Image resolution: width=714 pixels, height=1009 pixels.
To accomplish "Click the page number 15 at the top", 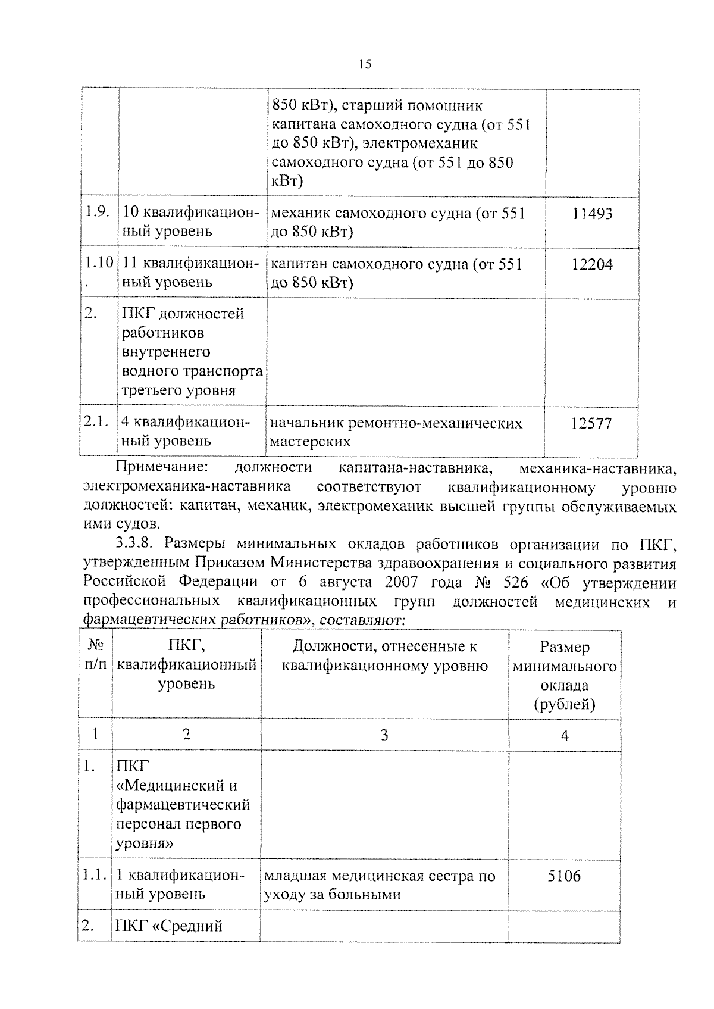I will click(365, 64).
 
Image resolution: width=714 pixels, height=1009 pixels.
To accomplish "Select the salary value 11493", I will click(591, 214).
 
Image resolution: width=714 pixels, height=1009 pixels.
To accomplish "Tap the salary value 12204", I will click(591, 264).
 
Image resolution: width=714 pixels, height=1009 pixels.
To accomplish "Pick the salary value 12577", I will click(591, 424).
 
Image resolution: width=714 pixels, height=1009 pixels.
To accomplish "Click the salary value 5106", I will click(564, 876).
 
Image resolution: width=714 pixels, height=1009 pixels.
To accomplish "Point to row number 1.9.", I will click(96, 213).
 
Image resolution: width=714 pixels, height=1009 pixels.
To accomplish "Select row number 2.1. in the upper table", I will click(96, 422).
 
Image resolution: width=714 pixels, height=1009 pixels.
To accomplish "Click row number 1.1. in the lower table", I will click(93, 876).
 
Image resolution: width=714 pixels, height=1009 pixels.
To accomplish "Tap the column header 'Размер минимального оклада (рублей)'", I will click(564, 675).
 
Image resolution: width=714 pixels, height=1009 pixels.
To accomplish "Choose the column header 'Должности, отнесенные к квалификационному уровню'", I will click(384, 656).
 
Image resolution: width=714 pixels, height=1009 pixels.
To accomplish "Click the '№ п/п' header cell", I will click(95, 655).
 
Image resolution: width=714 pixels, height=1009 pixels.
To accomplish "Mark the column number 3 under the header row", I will click(384, 735).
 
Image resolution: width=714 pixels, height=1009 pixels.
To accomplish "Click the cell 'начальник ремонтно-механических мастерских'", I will click(396, 432).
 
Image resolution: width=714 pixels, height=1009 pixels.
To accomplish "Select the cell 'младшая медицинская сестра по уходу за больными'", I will click(380, 885).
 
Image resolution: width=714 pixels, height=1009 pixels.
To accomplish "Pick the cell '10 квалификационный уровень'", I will click(190, 222).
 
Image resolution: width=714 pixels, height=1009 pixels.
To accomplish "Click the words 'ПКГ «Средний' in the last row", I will click(169, 926).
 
